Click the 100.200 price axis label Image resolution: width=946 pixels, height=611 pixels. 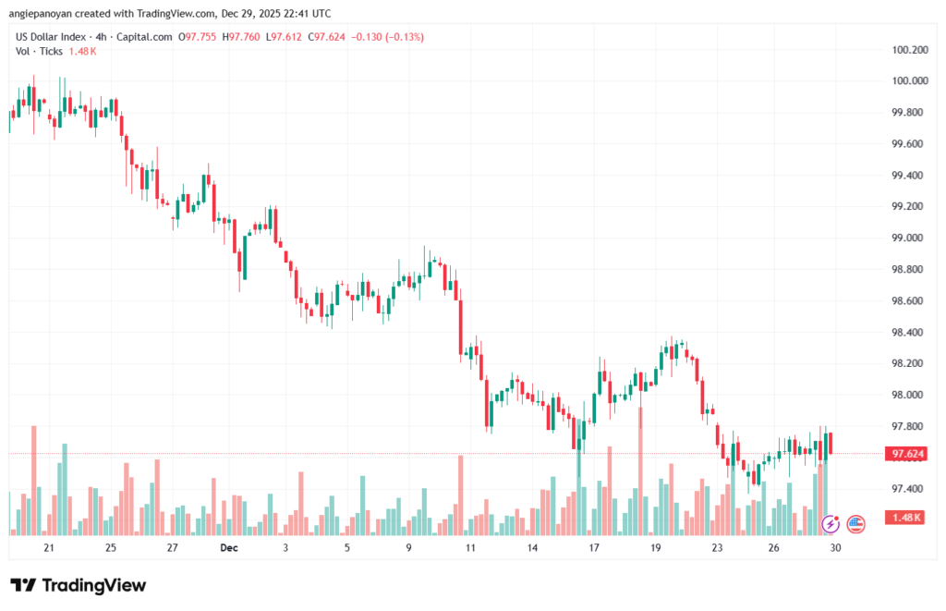point(906,49)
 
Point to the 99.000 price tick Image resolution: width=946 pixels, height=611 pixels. point(906,238)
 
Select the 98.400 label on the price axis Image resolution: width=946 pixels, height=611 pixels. point(906,332)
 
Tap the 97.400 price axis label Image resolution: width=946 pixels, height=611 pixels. point(906,488)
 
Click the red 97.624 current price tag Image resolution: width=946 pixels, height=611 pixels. point(904,454)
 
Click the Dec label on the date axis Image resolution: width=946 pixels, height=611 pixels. point(229,547)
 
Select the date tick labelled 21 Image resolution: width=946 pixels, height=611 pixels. point(49,547)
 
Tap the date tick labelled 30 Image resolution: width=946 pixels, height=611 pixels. point(835,547)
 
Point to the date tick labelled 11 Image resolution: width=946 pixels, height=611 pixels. point(470,547)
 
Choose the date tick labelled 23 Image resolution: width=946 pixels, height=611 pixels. point(717,547)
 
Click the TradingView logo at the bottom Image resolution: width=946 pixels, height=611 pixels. point(78,585)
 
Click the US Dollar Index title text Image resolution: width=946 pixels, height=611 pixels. point(56,37)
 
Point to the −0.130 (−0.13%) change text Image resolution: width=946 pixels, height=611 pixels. point(383,37)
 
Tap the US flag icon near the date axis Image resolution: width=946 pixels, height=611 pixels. point(855,524)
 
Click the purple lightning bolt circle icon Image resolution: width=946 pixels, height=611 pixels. point(830,524)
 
